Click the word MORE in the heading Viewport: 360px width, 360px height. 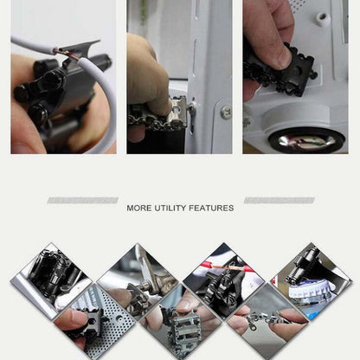pyautogui.click(x=139, y=208)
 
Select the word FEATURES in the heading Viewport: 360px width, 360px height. pyautogui.click(x=213, y=208)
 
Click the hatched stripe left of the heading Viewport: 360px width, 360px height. pyautogui.click(x=82, y=201)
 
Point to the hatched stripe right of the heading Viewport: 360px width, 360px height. pyautogui.click(x=279, y=201)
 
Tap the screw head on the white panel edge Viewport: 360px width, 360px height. pyautogui.click(x=225, y=112)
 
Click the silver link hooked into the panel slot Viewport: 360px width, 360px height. pyautogui.click(x=180, y=114)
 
